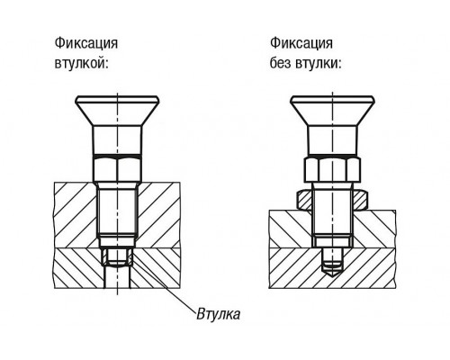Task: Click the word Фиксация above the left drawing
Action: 86,43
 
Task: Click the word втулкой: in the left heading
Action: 81,64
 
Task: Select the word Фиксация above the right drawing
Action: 301,43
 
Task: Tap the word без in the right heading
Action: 281,63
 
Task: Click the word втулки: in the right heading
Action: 319,64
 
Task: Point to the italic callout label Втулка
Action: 219,314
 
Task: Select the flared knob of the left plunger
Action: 117,112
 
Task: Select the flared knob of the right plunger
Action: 332,112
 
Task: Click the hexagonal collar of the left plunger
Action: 117,169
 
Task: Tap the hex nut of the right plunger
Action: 332,169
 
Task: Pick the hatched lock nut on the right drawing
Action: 332,200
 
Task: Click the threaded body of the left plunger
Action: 117,210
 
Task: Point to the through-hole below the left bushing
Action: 117,278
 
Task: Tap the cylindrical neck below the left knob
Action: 117,140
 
